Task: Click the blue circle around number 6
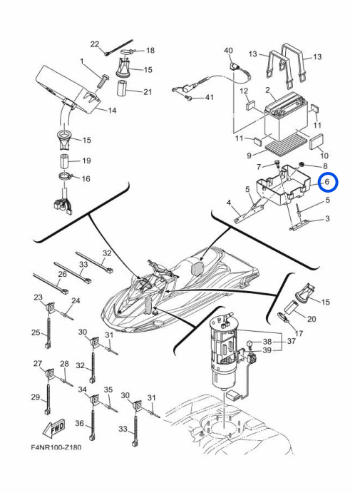coord(328,182)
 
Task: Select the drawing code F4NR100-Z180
coord(56,447)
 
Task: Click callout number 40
coord(228,51)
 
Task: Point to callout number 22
coord(95,44)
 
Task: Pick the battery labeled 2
coord(286,119)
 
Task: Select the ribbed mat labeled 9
coord(286,146)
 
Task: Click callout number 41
coord(209,97)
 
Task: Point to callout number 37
coord(291,341)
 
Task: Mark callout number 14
coord(112,111)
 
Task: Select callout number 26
coord(63,274)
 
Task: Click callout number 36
coord(79,423)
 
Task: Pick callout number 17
coord(299,333)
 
